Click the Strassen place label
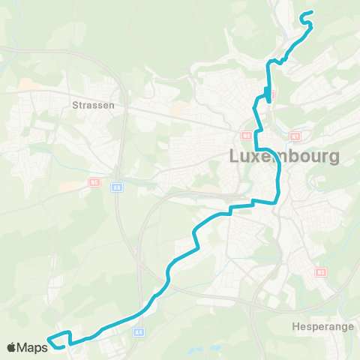pos(94,106)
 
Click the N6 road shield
pos(246,136)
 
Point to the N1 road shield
pos(295,136)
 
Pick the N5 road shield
pos(94,181)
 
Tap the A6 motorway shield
pos(116,187)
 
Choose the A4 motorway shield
pos(139,331)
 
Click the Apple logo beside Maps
pos(12,347)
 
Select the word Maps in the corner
pos(32,347)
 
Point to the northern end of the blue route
pos(301,14)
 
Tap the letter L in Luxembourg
pos(232,157)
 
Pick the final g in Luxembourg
pos(333,160)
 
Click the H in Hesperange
pos(293,327)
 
